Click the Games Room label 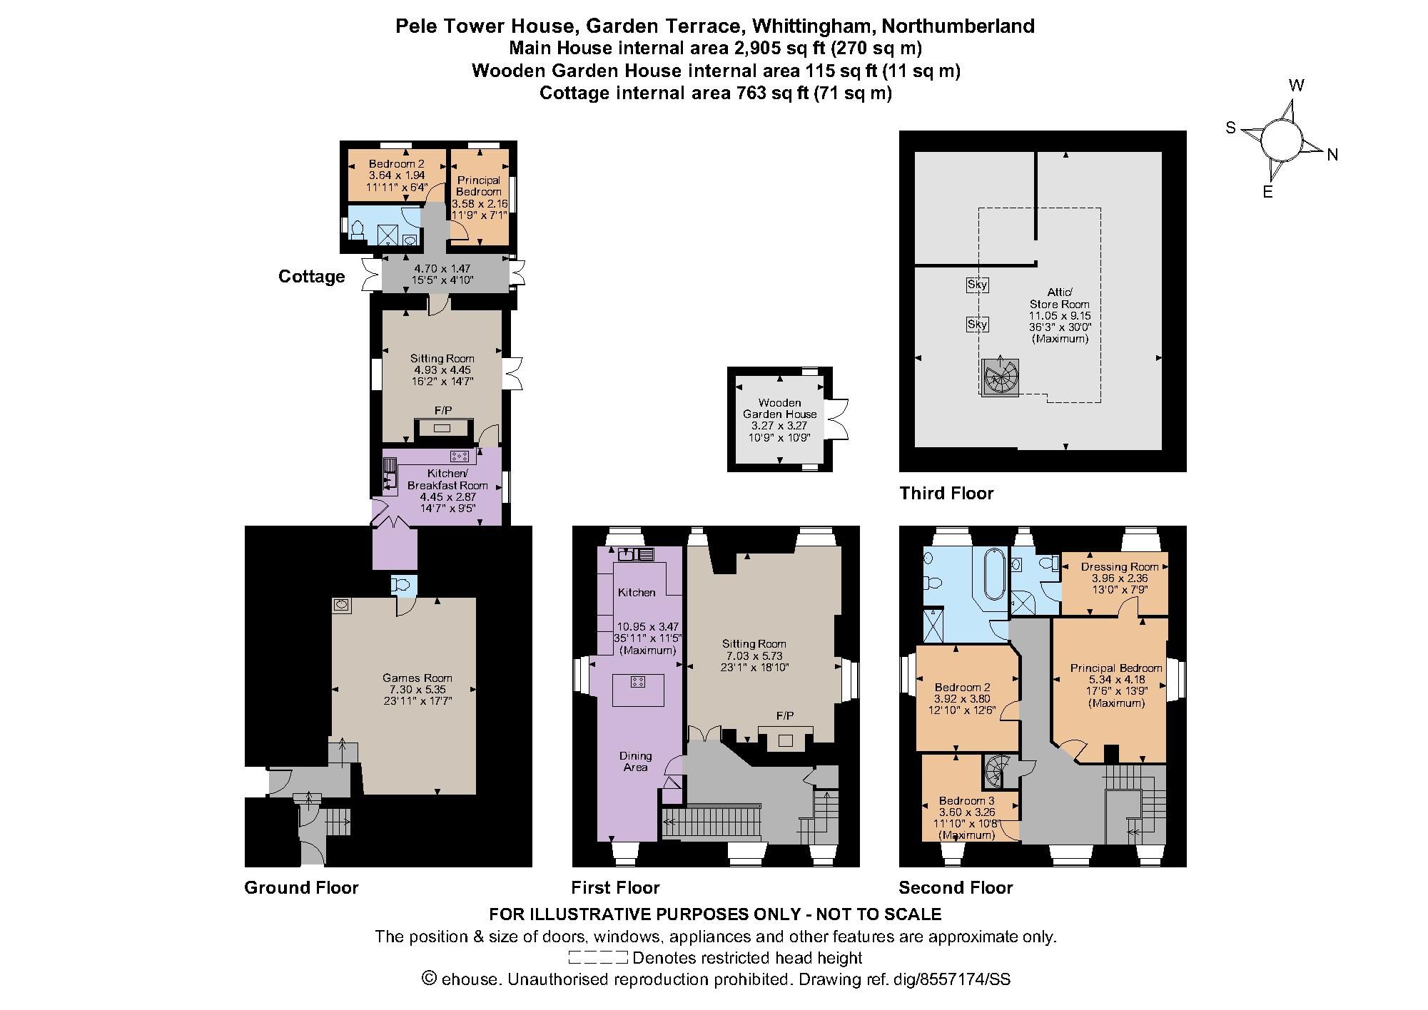(417, 678)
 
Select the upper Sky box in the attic (977, 285)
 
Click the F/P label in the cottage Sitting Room (442, 410)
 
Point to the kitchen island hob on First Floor (638, 682)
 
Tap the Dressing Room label (1119, 567)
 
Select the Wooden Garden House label (779, 408)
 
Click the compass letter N (1332, 155)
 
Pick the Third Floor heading (946, 493)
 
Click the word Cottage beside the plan (312, 276)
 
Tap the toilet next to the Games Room (402, 585)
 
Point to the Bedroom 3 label (966, 800)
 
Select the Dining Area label (635, 761)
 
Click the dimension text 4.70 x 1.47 (442, 268)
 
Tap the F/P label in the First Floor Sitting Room (785, 715)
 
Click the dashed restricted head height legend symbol (598, 957)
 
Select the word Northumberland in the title (958, 26)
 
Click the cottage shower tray (389, 233)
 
